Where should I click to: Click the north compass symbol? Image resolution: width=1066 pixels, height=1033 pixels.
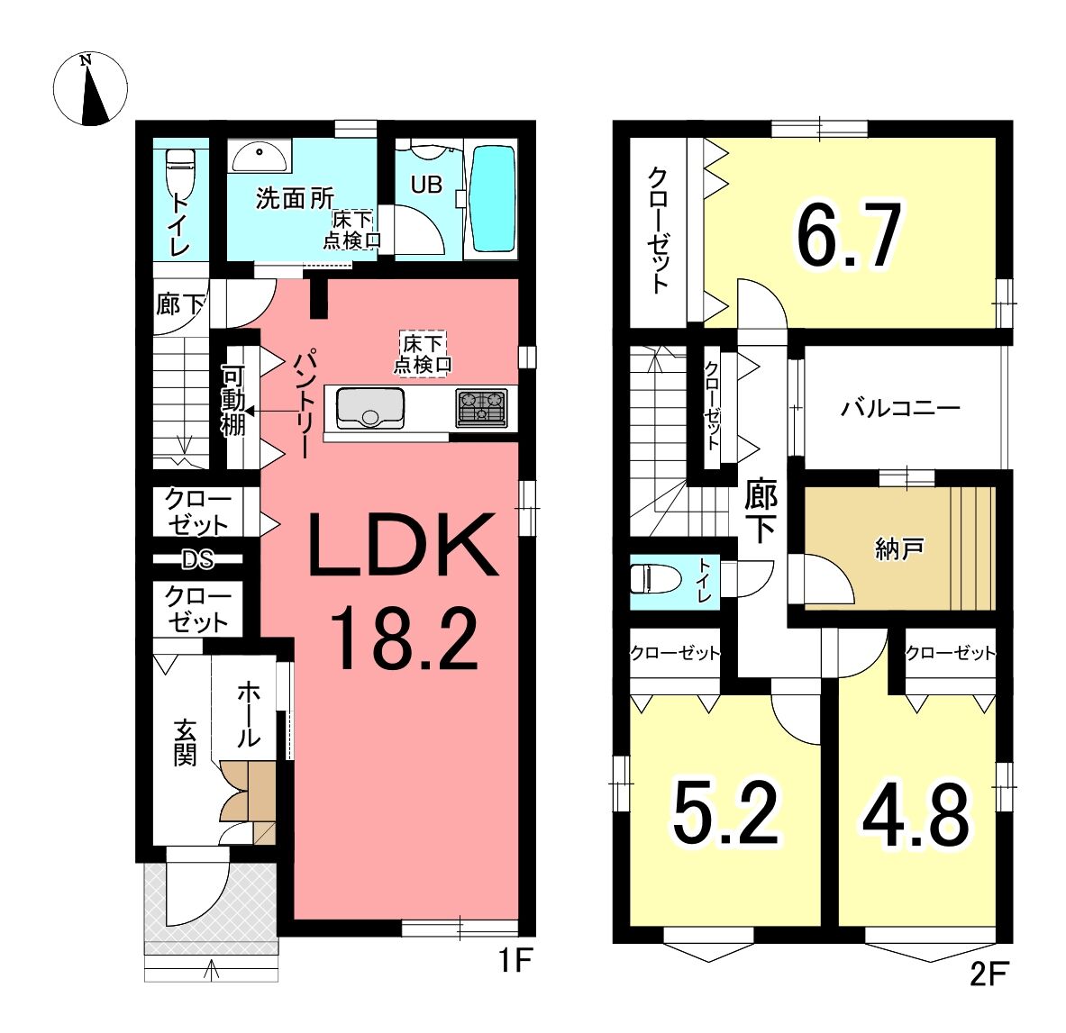point(90,89)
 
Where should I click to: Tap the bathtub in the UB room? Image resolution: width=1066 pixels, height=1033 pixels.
point(492,200)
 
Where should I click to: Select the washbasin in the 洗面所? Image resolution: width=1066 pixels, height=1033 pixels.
point(260,157)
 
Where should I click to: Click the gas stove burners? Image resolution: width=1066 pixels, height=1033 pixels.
point(481,408)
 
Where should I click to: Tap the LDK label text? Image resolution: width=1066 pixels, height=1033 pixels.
point(403,546)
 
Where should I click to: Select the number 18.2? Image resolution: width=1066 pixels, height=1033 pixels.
point(405,639)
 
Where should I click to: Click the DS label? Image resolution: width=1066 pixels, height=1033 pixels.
point(198,559)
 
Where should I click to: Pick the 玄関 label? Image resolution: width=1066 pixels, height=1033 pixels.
point(185,743)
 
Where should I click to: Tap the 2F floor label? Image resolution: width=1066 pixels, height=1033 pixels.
point(988,974)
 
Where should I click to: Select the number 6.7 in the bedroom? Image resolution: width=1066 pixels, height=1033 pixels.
point(849,235)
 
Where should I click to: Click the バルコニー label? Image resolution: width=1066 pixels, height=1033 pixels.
point(901,408)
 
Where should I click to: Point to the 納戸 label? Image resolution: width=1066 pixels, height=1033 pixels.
point(898,548)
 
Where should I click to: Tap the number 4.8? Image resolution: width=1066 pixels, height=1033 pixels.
point(916,815)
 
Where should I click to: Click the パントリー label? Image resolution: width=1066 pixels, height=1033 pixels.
point(304,403)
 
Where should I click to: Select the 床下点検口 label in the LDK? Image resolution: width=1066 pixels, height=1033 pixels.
point(423,354)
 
